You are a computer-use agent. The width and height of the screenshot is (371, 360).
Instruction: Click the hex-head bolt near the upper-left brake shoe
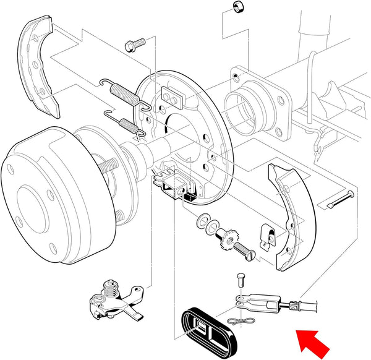point(133,45)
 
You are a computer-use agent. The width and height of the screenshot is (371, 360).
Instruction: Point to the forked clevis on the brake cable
point(250,301)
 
